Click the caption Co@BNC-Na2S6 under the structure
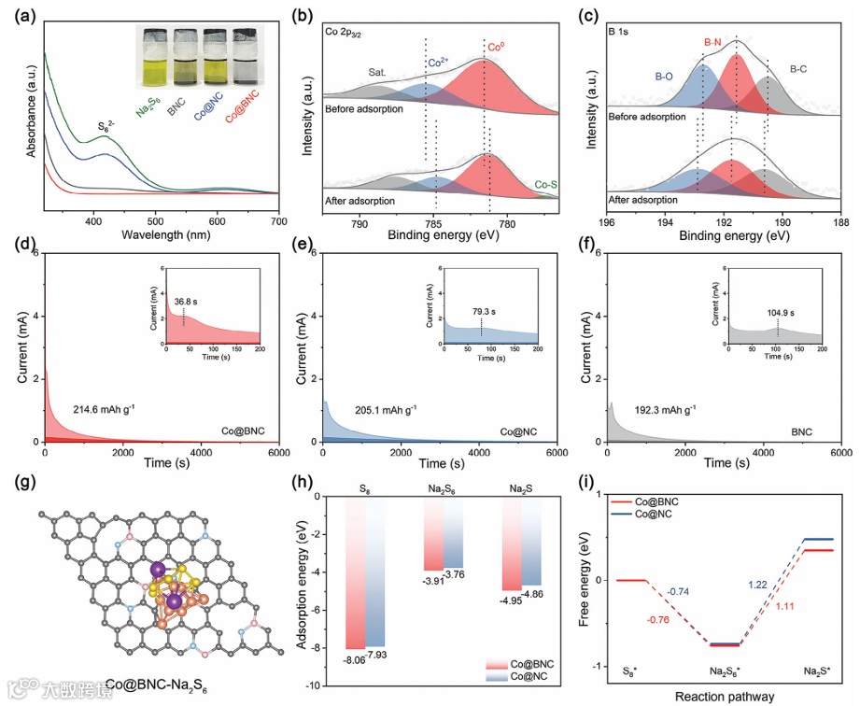[x=156, y=685]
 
